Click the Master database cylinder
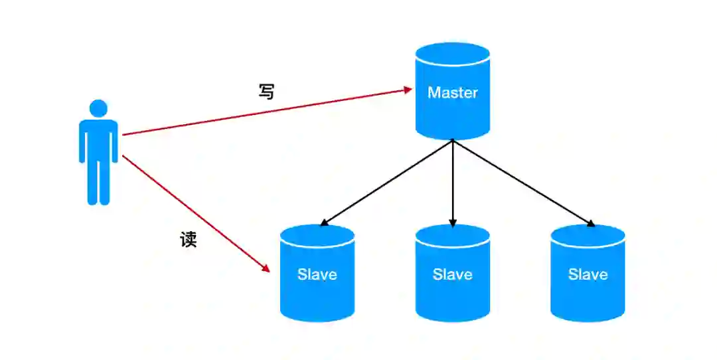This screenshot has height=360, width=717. click(452, 113)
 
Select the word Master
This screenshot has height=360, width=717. click(452, 92)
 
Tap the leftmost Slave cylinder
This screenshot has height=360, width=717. click(317, 292)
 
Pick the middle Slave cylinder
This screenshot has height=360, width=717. click(452, 292)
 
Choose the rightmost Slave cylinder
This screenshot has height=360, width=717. click(588, 292)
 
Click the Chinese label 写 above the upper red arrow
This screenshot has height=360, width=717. click(266, 92)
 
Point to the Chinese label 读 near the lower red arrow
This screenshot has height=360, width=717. click(189, 239)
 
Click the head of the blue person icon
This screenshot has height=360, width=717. click(98, 108)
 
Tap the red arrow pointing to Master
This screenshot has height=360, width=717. click(266, 112)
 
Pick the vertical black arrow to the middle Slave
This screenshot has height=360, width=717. click(453, 183)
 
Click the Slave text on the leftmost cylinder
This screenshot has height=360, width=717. click(317, 274)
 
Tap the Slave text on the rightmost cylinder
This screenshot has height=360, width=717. click(588, 274)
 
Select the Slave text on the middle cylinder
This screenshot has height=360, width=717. click(452, 274)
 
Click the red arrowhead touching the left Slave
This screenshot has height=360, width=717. click(266, 268)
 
